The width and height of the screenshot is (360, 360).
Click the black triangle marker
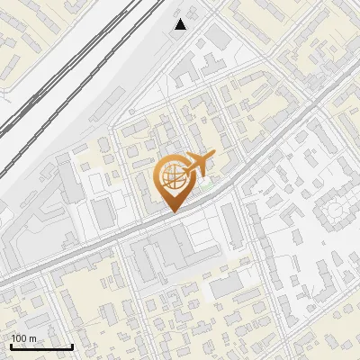point(181,24)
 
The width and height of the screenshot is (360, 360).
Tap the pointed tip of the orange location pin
point(172,211)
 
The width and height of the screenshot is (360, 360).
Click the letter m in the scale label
point(32,338)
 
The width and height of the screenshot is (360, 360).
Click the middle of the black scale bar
point(41,346)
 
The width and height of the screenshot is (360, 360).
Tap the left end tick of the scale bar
point(11,346)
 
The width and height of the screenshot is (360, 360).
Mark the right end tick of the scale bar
point(72,346)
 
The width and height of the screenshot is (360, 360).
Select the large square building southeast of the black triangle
point(219,38)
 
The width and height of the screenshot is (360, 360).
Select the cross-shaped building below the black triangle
point(206,65)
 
